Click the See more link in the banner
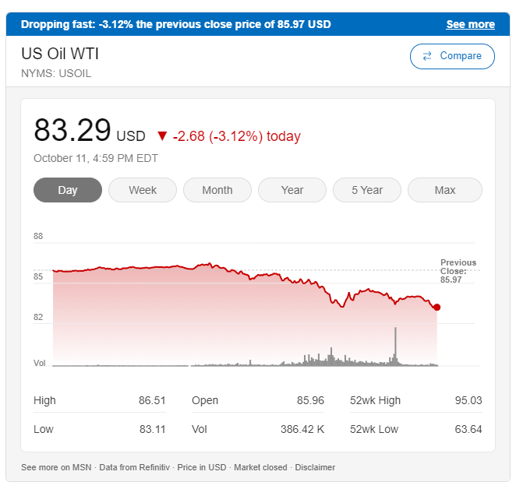(x=470, y=24)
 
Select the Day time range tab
(x=68, y=190)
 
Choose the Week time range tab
(x=143, y=190)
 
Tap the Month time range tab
(x=217, y=190)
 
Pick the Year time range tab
(x=292, y=190)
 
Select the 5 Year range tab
(x=367, y=190)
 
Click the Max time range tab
(x=445, y=190)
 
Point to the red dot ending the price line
(x=436, y=308)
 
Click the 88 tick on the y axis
(x=38, y=236)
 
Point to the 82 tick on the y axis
(x=38, y=317)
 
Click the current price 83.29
(x=72, y=131)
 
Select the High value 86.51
(x=152, y=400)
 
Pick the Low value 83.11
(x=152, y=429)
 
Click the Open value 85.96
(x=310, y=400)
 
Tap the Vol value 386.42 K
(x=302, y=429)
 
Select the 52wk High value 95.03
(x=468, y=400)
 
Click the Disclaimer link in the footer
(x=315, y=467)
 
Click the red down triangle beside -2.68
(x=162, y=136)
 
